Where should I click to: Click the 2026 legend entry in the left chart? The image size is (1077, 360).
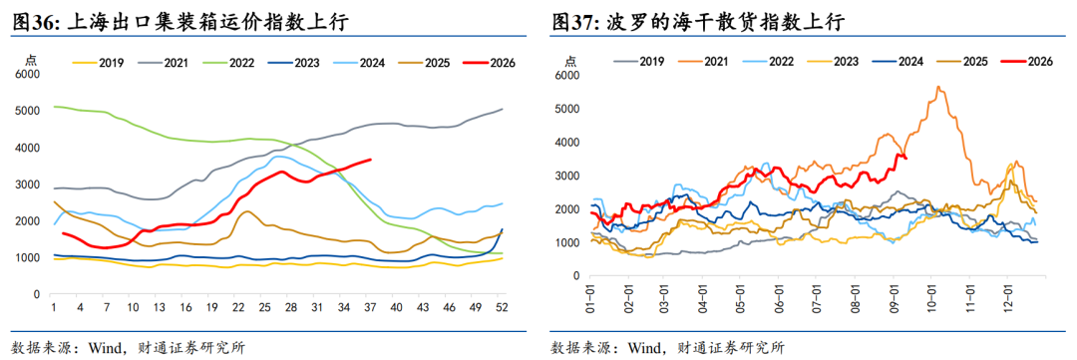point(488,63)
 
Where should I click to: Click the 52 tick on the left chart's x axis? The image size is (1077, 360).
point(502,308)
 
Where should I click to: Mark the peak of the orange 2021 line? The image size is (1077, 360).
point(938,87)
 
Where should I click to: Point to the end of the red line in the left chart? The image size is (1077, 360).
point(371,160)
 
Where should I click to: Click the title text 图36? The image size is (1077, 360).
point(35,22)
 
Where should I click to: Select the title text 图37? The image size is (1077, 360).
point(574,22)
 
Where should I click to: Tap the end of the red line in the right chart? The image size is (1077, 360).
point(906,158)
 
